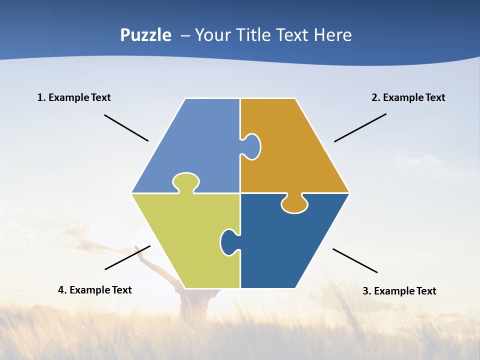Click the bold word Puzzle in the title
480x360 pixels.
pyautogui.click(x=145, y=35)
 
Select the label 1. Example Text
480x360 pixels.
pyautogui.click(x=74, y=97)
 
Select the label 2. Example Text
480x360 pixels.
pyautogui.click(x=408, y=97)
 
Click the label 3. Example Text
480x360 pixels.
pyautogui.click(x=399, y=291)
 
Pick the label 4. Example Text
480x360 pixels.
pyautogui.click(x=95, y=290)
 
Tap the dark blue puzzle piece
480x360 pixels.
pyautogui.click(x=285, y=245)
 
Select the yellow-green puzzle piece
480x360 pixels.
pyautogui.click(x=190, y=240)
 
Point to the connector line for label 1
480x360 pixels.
pyautogui.click(x=126, y=128)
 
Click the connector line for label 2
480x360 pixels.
pyautogui.click(x=360, y=127)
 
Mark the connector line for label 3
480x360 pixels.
pyautogui.click(x=355, y=260)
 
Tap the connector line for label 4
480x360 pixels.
pyautogui.click(x=127, y=257)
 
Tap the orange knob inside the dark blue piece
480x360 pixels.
pyautogui.click(x=294, y=203)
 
